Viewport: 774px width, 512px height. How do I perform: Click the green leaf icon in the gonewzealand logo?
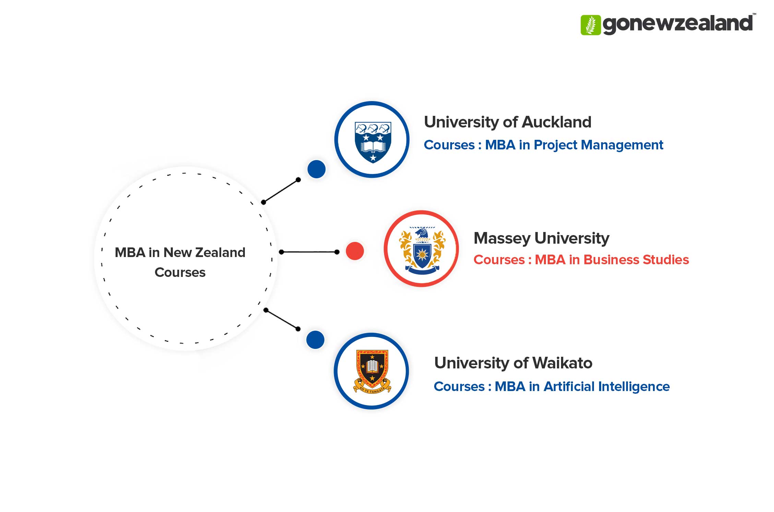(x=591, y=25)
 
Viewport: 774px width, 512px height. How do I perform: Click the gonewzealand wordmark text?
(x=677, y=24)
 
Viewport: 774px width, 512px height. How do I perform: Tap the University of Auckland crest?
(x=372, y=142)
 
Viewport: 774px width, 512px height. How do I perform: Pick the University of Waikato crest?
(x=372, y=371)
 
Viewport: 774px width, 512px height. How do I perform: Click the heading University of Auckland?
(x=508, y=122)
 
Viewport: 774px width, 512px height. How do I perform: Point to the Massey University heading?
(x=541, y=238)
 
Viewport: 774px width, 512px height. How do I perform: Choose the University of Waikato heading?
(x=513, y=363)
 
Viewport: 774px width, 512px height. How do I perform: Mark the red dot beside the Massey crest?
(x=355, y=251)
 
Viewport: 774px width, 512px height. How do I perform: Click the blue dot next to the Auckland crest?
(x=316, y=169)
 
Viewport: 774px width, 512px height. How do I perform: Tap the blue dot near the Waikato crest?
(x=315, y=340)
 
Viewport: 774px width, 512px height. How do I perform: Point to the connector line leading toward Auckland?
(x=281, y=191)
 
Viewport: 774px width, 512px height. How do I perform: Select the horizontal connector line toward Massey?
(x=309, y=252)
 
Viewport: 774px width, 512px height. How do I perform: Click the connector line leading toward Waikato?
(x=282, y=320)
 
